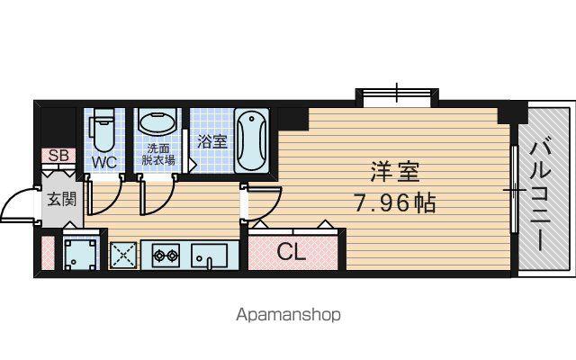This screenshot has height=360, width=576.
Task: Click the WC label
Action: click(104, 162)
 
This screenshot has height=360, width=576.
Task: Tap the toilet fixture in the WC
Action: click(104, 130)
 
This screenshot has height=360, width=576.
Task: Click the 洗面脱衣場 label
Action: click(158, 154)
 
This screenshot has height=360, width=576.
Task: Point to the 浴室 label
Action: click(212, 141)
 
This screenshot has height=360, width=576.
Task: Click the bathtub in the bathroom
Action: click(252, 139)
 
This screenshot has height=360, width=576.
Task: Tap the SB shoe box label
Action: click(58, 156)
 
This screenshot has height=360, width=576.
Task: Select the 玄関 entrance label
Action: click(62, 200)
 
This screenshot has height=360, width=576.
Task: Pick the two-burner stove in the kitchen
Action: click(166, 255)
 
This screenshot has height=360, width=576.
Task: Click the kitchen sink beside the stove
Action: click(209, 255)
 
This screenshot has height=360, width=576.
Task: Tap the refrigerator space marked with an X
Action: click(123, 255)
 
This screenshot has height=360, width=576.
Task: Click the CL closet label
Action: click(292, 252)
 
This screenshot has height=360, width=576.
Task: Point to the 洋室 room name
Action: click(394, 172)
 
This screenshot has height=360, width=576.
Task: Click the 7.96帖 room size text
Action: click(395, 202)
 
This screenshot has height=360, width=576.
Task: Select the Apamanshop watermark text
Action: click(288, 315)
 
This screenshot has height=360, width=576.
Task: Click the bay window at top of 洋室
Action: click(397, 96)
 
